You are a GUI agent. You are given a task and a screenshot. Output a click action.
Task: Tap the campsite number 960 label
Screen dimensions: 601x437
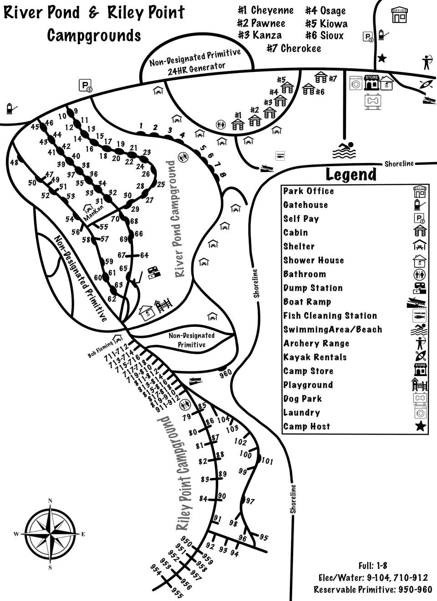(226, 373)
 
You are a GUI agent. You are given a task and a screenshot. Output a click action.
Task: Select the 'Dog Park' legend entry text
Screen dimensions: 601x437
(302, 399)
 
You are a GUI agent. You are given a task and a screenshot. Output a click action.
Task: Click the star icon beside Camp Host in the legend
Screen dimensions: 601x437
(420, 427)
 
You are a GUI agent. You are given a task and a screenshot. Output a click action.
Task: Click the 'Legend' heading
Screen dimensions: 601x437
(351, 174)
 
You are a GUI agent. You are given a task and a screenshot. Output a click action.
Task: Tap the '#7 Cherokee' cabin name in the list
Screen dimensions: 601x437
(294, 48)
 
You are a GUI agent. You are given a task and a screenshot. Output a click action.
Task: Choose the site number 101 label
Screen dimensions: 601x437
(267, 462)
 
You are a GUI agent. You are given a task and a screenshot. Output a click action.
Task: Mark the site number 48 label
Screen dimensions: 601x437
(14, 162)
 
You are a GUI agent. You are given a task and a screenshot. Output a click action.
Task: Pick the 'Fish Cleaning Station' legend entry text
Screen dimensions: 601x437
(330, 316)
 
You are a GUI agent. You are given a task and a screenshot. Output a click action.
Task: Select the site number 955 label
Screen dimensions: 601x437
(177, 593)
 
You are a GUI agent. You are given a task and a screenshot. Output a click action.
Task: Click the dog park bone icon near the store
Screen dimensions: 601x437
(372, 101)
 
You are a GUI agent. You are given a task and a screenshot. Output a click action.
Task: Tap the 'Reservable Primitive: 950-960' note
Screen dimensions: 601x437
(373, 590)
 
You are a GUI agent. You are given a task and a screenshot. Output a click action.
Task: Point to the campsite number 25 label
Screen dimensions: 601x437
(161, 184)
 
